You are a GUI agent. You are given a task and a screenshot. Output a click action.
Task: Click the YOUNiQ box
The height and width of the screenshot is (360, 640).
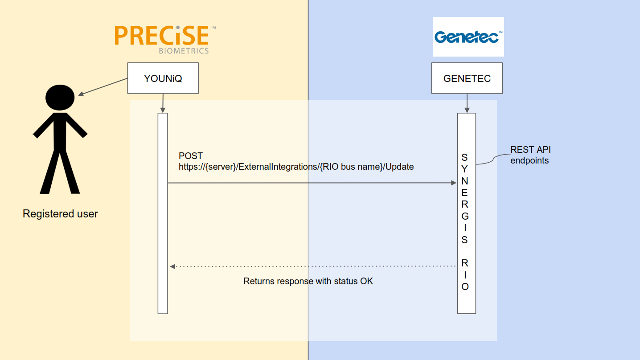point(163,78)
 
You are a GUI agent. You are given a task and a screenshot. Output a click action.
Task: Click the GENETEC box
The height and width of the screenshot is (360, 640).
point(467,78)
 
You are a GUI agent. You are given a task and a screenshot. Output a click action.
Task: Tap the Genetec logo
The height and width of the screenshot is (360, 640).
point(468,37)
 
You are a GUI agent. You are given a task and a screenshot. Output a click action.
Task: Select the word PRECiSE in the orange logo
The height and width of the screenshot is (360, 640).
point(162,36)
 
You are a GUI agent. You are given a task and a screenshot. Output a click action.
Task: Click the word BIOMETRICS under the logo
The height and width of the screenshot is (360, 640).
point(184,51)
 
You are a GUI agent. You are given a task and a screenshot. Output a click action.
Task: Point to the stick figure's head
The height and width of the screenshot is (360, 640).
point(60,98)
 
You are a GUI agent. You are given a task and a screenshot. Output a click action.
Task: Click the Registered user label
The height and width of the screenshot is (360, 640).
point(60,214)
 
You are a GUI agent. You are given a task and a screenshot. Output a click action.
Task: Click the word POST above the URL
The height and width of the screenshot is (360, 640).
point(191,156)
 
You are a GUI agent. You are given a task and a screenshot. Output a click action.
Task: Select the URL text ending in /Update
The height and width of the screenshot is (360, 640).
point(296,167)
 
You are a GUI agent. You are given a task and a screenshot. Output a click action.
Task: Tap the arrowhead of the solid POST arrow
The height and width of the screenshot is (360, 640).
point(454,183)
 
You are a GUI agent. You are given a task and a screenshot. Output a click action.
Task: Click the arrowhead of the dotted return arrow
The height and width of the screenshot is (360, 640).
point(172,266)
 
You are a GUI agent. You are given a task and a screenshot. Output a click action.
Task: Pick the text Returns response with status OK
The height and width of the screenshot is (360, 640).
point(308,281)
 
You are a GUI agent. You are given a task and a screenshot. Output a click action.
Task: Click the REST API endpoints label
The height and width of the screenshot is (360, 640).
point(530,155)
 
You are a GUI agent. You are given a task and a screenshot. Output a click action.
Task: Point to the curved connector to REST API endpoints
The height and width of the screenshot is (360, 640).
point(493,159)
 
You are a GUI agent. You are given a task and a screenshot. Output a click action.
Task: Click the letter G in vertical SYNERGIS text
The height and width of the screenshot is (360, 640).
point(465,216)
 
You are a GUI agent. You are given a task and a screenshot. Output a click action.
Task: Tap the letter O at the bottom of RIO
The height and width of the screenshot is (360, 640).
point(465,286)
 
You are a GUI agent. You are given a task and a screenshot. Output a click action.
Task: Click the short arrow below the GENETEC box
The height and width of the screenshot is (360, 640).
point(467,103)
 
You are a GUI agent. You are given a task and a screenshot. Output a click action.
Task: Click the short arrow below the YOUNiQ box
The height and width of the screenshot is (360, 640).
point(163,103)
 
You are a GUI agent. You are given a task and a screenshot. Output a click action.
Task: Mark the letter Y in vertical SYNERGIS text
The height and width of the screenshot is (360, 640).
point(464,169)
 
